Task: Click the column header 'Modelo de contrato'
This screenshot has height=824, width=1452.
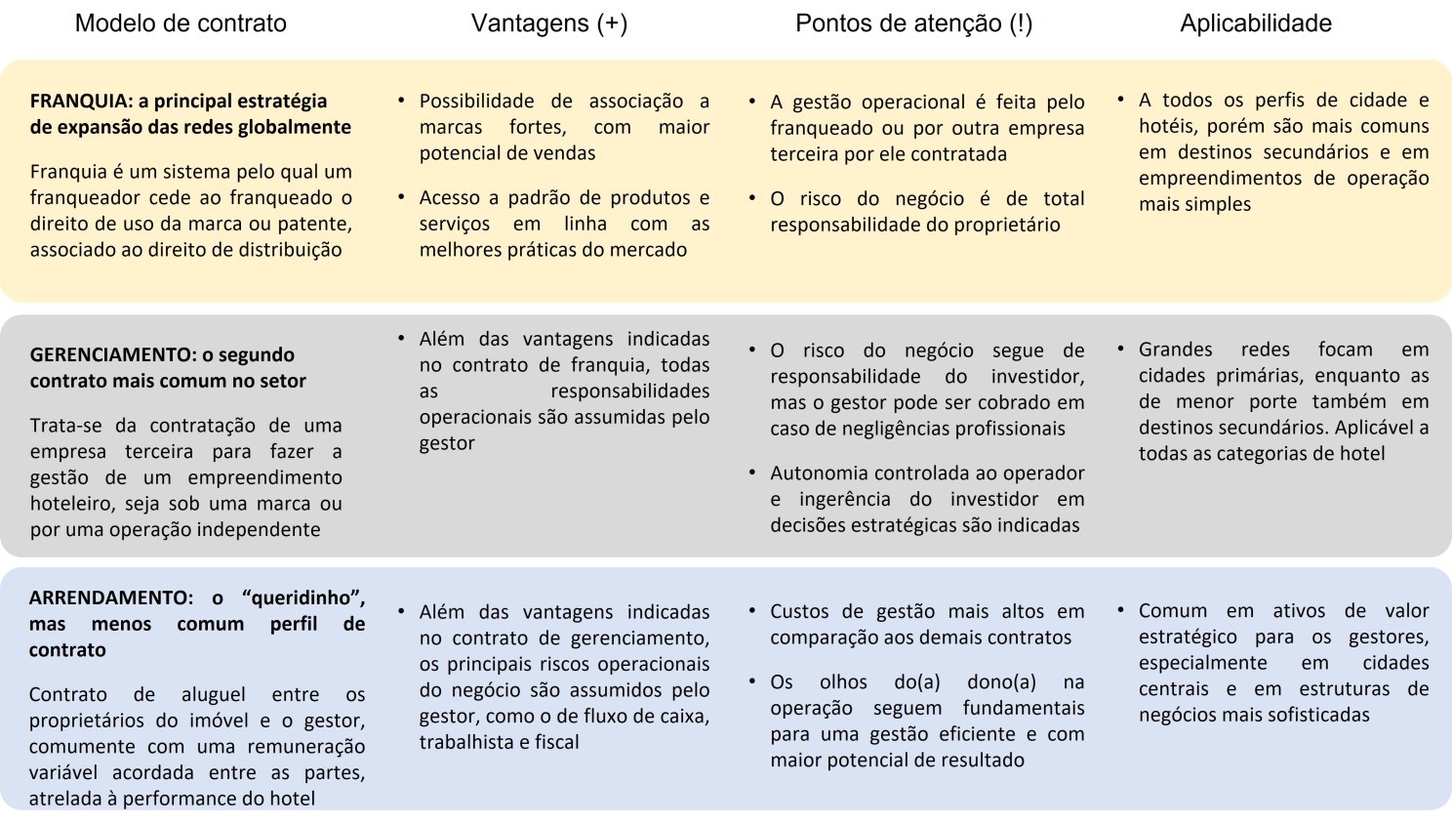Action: pos(181,23)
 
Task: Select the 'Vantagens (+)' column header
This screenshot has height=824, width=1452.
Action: pos(549,23)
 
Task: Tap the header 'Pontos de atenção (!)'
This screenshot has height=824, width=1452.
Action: pos(913,23)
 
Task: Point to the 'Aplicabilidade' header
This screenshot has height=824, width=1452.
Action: pos(1255,23)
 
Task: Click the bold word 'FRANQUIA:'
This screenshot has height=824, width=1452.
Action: pos(80,101)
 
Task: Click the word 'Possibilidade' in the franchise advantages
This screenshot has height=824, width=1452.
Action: pos(476,101)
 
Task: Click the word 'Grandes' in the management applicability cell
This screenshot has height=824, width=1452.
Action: pos(1176,350)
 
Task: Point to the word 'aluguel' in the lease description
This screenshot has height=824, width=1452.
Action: pos(214,695)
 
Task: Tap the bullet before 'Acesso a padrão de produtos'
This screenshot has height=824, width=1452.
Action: pos(401,197)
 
